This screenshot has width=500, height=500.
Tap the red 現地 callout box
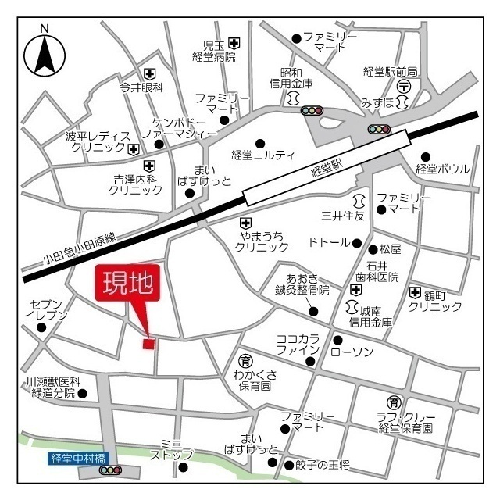click(x=128, y=284)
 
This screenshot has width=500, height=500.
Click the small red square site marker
click(x=148, y=343)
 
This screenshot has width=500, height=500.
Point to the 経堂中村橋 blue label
click(x=77, y=459)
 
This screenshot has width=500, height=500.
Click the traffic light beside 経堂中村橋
click(x=111, y=470)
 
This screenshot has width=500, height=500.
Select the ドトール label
click(x=329, y=243)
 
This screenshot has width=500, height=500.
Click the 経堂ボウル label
click(x=443, y=169)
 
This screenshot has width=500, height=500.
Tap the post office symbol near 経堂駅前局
click(x=404, y=85)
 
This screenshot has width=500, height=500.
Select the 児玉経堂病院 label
click(x=212, y=51)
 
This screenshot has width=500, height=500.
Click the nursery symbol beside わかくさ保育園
click(x=245, y=361)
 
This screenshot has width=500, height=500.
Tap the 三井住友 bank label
click(x=345, y=215)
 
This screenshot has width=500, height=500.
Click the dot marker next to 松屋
click(x=373, y=250)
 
